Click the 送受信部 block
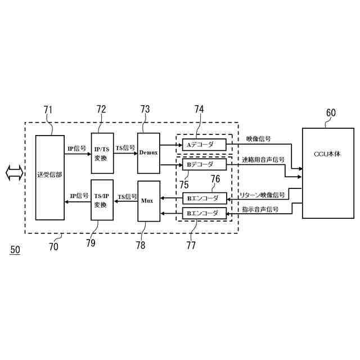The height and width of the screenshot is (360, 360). pyautogui.click(x=49, y=177)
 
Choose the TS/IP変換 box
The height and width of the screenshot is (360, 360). pyautogui.click(x=102, y=200)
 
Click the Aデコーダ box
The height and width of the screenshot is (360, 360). pyautogui.click(x=204, y=144)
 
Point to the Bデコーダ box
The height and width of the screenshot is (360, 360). pyautogui.click(x=204, y=164)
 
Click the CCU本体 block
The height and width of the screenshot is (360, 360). pyautogui.click(x=328, y=173)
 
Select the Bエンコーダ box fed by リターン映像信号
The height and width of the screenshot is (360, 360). pyautogui.click(x=204, y=198)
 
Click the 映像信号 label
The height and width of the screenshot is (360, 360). pyautogui.click(x=258, y=139)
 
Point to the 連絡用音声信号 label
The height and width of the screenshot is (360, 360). pyautogui.click(x=263, y=160)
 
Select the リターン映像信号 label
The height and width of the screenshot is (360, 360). pyautogui.click(x=262, y=195)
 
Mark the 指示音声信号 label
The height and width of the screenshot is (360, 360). pyautogui.click(x=260, y=209)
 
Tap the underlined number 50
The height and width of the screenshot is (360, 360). pyautogui.click(x=15, y=249)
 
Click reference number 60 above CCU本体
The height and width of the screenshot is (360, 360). pyautogui.click(x=331, y=112)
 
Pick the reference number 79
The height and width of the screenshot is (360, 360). pyautogui.click(x=91, y=243)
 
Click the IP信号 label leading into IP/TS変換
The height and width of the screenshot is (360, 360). pyautogui.click(x=76, y=148)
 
